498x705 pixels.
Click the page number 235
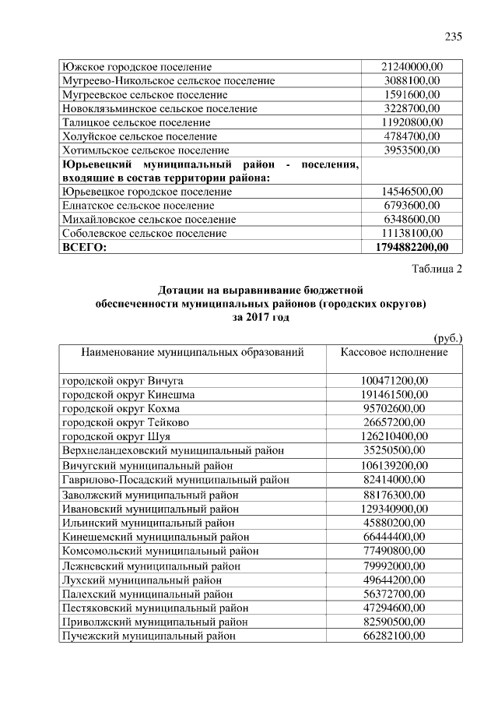(x=454, y=37)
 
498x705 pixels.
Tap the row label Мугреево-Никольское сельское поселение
(x=168, y=81)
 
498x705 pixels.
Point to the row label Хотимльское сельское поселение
(x=146, y=150)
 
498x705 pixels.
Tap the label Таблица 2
(x=437, y=270)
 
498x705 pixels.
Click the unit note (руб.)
(x=447, y=337)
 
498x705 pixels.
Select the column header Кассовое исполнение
(x=394, y=352)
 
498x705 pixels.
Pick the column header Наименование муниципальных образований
(x=192, y=352)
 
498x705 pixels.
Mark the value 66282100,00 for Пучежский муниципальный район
(x=394, y=636)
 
